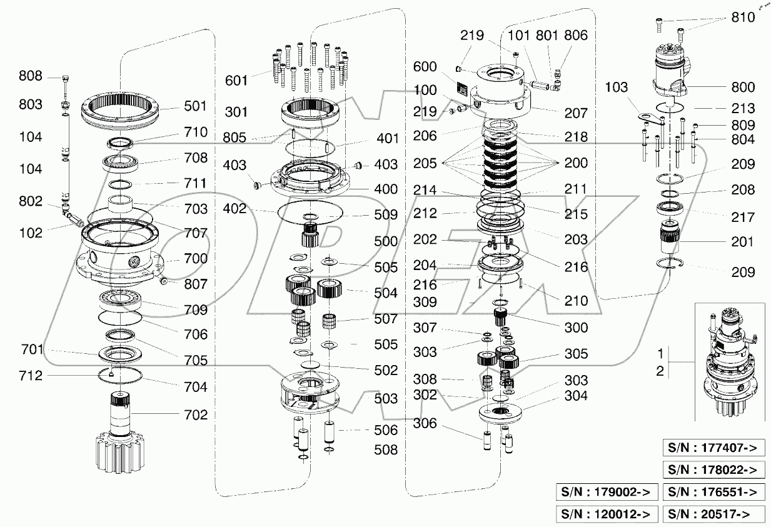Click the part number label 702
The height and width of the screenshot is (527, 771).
pyautogui.click(x=196, y=414)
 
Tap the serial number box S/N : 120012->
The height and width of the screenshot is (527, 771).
pyautogui.click(x=607, y=514)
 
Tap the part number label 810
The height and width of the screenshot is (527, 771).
pyautogui.click(x=743, y=18)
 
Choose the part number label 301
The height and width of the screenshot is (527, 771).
pyautogui.click(x=236, y=112)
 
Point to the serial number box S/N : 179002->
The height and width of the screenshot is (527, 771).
pyautogui.click(x=607, y=492)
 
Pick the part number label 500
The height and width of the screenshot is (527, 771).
pyautogui.click(x=385, y=241)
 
